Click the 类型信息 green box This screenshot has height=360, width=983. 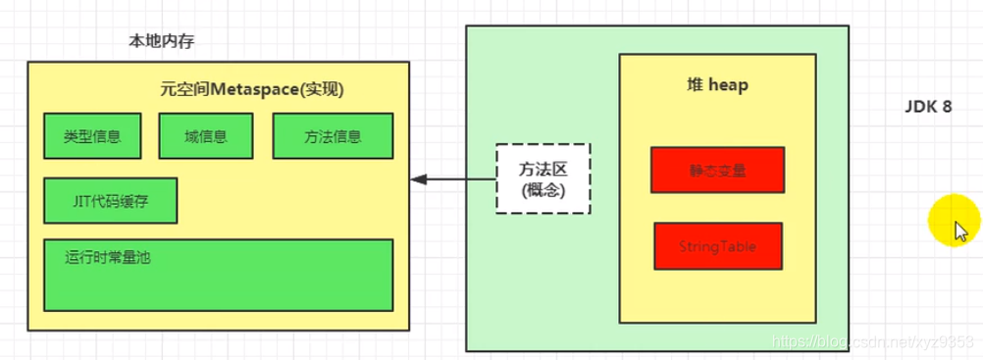pos(92,136)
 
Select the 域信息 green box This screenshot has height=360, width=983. pos(205,136)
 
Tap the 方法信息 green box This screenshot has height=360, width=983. pos(333,136)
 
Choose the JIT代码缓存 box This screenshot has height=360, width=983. pos(110,201)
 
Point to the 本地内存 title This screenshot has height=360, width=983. pos(161,41)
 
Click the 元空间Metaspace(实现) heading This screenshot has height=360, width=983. pos(252,89)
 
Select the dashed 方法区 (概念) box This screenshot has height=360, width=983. pos(543,180)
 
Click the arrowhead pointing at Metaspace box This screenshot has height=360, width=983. pos(417,180)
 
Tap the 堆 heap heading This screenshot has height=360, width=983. pos(717,86)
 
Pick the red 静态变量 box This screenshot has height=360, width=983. pos(717,170)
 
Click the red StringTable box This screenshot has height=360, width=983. pos(718,246)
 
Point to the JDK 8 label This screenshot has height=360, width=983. pos(927,107)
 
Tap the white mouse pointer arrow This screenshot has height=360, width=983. pos(961,231)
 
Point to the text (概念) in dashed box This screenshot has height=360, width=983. pos(543,191)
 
